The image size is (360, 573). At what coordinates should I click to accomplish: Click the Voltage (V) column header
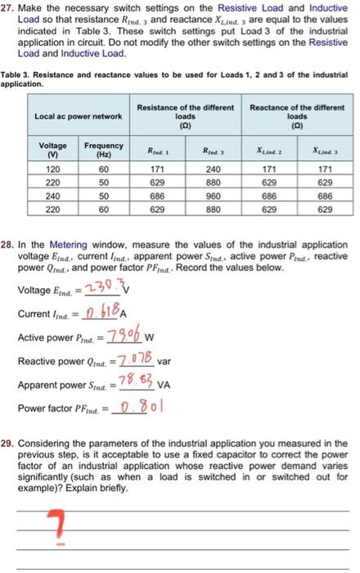tap(50, 150)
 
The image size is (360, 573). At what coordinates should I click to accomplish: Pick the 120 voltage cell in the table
tap(50, 169)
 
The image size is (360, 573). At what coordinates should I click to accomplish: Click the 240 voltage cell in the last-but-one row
tap(50, 197)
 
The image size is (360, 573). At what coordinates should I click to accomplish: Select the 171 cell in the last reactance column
tap(325, 169)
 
